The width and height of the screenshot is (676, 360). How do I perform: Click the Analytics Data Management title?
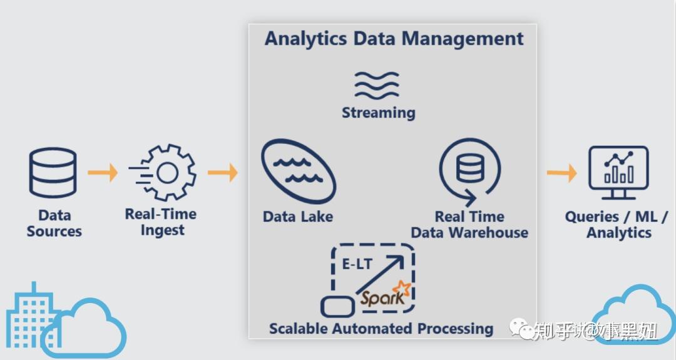point(394,38)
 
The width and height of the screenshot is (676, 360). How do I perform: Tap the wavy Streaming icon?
point(377,85)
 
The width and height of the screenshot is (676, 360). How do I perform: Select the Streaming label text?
point(378,113)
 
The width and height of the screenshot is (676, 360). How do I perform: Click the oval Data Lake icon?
point(298,171)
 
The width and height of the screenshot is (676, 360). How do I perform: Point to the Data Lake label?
point(298,217)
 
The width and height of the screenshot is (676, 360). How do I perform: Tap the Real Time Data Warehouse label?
point(469,225)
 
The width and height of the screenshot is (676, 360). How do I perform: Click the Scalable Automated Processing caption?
point(381,328)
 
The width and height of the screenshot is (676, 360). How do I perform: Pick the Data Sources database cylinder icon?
point(53,172)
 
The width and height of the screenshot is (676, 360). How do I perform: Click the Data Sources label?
point(54,223)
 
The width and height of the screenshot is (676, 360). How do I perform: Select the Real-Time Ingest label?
point(161,222)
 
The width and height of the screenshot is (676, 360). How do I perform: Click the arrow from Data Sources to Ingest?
point(103,172)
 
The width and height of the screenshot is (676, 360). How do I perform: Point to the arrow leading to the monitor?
point(561,172)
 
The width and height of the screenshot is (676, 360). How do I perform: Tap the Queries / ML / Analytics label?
point(617,224)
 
